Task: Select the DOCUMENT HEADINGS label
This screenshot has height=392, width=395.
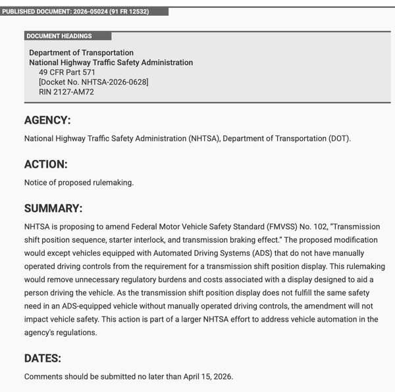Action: (59, 36)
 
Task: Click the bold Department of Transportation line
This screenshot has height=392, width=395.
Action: (81, 53)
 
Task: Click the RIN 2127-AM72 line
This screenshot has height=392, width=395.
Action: (66, 92)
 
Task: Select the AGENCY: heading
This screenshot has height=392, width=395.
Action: (47, 120)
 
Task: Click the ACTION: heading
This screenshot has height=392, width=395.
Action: (46, 164)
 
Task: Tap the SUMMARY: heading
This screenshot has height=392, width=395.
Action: (53, 208)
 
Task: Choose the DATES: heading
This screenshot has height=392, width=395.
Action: (43, 358)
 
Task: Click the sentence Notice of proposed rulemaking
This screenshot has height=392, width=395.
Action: (79, 182)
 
